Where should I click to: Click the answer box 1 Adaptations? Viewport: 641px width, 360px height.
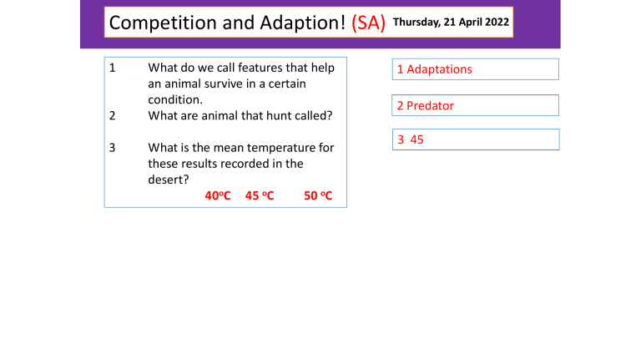pos(475,69)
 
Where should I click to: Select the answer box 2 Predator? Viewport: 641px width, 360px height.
pos(475,106)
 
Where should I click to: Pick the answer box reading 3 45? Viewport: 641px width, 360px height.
pos(475,139)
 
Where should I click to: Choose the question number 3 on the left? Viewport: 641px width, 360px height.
pos(113,148)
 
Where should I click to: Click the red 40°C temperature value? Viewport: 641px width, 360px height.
pos(218,195)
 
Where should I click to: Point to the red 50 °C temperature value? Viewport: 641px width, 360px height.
pos(318,195)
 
